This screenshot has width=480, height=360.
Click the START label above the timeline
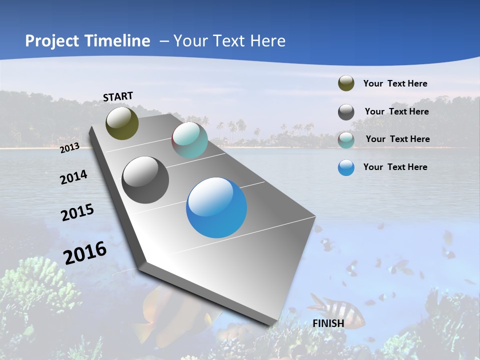click(x=118, y=96)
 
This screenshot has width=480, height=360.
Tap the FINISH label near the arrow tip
click(x=328, y=323)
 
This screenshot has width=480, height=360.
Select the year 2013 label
click(x=70, y=147)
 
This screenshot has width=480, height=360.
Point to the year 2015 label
click(x=77, y=212)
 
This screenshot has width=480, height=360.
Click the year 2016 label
click(x=85, y=252)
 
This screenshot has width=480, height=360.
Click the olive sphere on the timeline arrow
click(x=122, y=123)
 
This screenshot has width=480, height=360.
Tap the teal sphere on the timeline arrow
click(x=189, y=140)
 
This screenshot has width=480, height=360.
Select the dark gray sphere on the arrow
click(x=145, y=180)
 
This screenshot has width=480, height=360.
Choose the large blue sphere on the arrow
click(x=216, y=207)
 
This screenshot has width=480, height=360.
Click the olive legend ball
click(x=346, y=83)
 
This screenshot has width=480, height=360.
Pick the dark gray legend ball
click(x=346, y=112)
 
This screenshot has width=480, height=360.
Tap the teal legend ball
click(x=346, y=140)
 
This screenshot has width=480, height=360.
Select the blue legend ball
click(x=346, y=167)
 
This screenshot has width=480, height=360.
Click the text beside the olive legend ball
click(x=395, y=83)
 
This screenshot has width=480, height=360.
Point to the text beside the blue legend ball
click(x=395, y=167)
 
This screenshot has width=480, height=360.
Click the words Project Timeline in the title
click(x=87, y=41)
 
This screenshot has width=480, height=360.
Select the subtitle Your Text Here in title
click(x=229, y=41)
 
